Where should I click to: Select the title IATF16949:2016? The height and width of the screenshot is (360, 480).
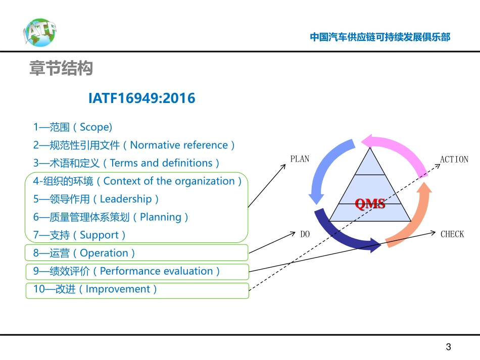coord(141,98)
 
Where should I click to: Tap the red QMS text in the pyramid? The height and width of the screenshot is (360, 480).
coord(370,204)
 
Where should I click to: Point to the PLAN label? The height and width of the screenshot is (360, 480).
coord(300,159)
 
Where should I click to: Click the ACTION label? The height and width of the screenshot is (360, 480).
coord(454,160)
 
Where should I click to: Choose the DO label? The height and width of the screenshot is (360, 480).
coord(305,234)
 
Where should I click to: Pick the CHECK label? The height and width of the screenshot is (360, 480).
coord(452,234)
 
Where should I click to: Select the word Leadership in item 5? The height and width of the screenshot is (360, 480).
coord(126,199)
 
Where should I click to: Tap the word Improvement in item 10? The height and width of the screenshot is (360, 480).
coord(118,289)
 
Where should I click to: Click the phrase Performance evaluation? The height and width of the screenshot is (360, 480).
coord(156,271)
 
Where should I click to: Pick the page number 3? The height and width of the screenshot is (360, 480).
coord(448,347)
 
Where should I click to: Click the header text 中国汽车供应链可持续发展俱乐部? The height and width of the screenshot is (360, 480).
coord(380,37)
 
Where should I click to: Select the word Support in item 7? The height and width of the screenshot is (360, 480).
coord(99,235)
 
